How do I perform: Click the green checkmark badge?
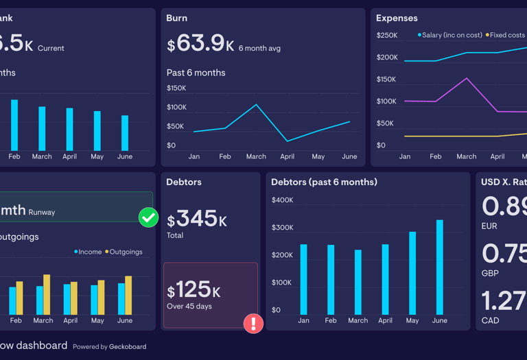tap(148, 217)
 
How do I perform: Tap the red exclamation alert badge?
tap(253, 323)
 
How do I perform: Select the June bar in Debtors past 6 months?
tap(440, 267)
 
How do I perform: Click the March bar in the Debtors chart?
tap(358, 282)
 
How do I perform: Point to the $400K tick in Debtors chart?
tap(282, 200)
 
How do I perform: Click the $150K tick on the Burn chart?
tap(176, 88)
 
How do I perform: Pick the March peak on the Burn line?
tap(256, 105)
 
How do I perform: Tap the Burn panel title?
tap(177, 19)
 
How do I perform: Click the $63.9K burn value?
tap(200, 44)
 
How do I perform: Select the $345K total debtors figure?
tap(198, 219)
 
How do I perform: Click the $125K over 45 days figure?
tap(194, 291)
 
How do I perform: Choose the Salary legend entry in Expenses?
tap(449, 35)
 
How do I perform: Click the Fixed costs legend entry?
tap(506, 35)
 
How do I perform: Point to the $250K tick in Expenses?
tap(387, 35)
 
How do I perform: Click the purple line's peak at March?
tap(467, 78)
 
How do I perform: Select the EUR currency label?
tap(490, 226)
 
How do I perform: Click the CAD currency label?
tap(490, 320)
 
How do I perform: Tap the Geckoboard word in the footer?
tap(128, 347)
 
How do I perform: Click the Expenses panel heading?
tap(397, 19)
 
